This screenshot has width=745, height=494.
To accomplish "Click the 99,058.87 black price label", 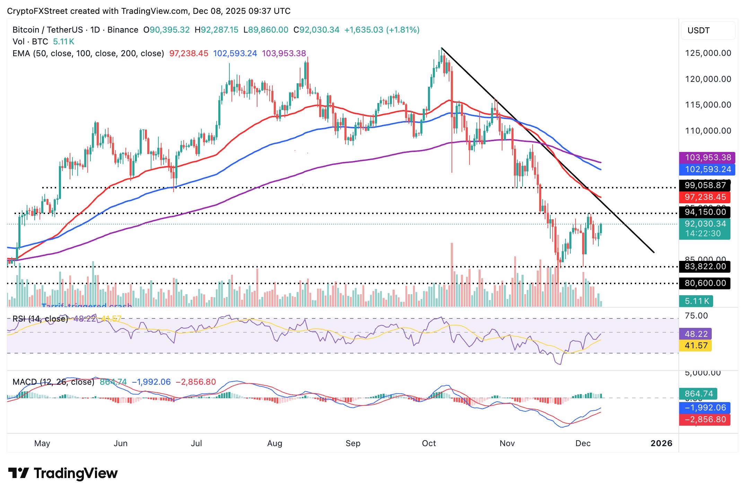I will [x=705, y=185].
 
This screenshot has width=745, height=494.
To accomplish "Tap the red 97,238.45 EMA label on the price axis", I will [x=705, y=197].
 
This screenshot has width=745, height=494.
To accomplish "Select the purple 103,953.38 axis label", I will [x=707, y=157].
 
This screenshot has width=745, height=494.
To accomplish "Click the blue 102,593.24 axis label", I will [x=707, y=169].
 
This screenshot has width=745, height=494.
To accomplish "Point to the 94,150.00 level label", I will [x=705, y=212].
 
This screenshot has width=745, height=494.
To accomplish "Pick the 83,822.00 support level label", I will [x=705, y=266].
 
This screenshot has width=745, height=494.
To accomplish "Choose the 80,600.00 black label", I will [x=705, y=283].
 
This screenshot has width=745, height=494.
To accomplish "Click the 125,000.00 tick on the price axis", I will [x=708, y=53].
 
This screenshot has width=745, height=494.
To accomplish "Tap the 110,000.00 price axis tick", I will [x=708, y=131].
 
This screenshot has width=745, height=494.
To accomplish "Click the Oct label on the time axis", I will [x=429, y=443].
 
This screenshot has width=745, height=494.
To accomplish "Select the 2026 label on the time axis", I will [x=661, y=443].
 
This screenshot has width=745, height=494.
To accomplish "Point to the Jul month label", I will [x=196, y=443].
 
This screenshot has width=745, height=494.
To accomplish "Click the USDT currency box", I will [x=707, y=31].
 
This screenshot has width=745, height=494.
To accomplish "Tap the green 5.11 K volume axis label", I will [x=696, y=301].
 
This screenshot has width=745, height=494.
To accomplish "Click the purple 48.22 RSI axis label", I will [x=696, y=334].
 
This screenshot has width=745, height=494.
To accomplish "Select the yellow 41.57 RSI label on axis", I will [x=696, y=346].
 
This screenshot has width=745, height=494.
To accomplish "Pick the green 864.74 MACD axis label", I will [x=699, y=394].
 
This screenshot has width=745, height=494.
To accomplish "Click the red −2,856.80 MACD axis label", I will [x=705, y=419].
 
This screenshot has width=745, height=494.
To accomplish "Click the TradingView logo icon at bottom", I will [x=18, y=473].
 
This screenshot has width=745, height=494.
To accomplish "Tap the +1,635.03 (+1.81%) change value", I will [x=382, y=30].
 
